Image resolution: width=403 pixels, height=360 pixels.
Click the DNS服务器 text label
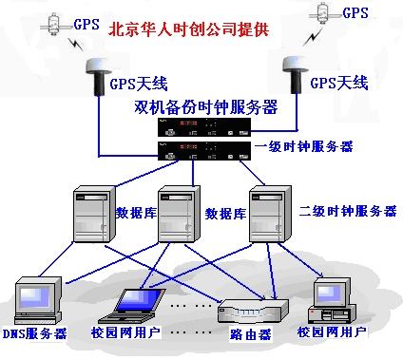(34, 333)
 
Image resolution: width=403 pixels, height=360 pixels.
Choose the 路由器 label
(253, 334)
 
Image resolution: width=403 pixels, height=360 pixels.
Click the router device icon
(253, 310)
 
